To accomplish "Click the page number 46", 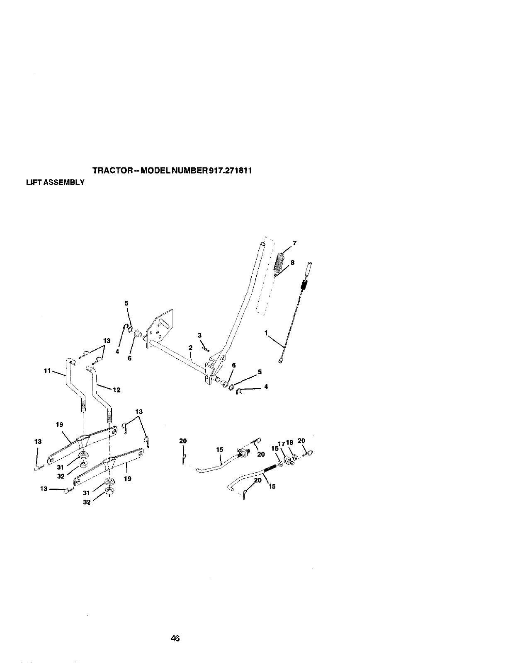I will point(175,639).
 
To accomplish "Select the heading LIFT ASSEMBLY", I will point(55,182).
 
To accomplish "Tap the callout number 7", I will point(294,243).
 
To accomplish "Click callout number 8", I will point(292,262).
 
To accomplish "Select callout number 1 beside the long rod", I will point(265,332).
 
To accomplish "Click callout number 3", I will point(199,335).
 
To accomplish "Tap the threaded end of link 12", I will point(110,414).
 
